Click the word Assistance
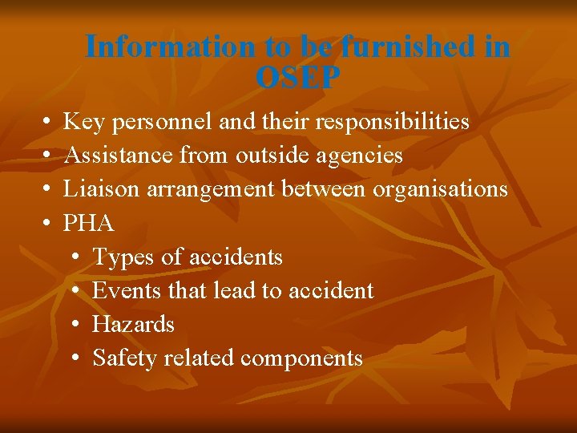119,155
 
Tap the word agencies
359,155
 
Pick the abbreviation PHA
88,223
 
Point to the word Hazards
133,324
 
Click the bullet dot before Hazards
74,324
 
